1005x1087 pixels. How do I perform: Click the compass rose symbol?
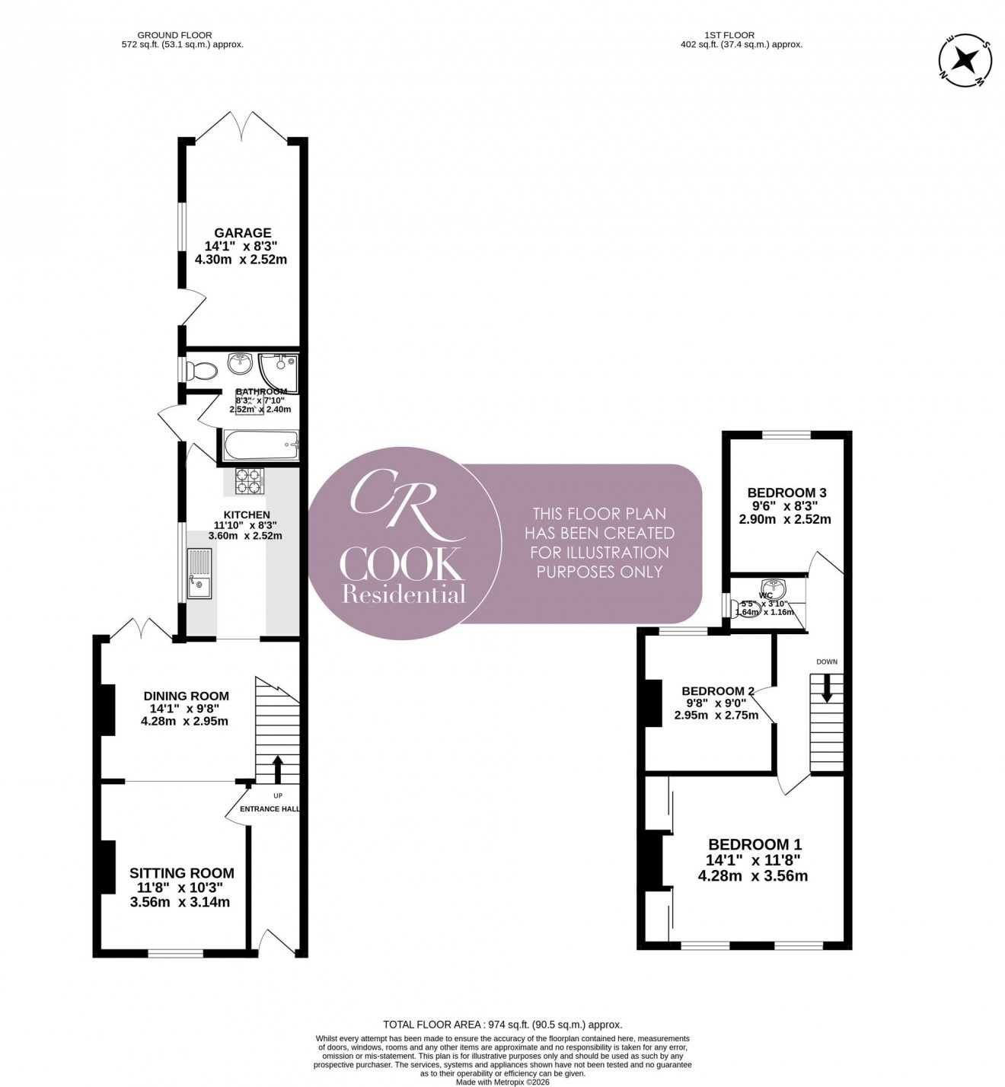(965, 60)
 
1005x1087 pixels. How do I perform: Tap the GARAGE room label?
(242, 233)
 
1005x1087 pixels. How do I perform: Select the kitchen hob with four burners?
(250, 481)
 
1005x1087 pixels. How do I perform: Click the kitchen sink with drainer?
(199, 575)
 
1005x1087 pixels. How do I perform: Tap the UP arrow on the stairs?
(277, 769)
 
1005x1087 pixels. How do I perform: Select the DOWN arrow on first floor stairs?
(827, 689)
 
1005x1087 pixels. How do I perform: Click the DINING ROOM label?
(187, 696)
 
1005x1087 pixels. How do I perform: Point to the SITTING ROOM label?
(181, 873)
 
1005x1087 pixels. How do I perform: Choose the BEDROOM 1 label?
(754, 844)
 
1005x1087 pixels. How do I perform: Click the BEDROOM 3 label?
(786, 492)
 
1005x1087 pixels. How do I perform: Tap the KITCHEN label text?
(246, 515)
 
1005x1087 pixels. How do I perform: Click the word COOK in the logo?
(401, 564)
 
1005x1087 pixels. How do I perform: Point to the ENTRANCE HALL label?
(270, 808)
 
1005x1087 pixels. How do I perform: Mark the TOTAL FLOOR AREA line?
(502, 1025)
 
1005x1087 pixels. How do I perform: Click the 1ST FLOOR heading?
(729, 35)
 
